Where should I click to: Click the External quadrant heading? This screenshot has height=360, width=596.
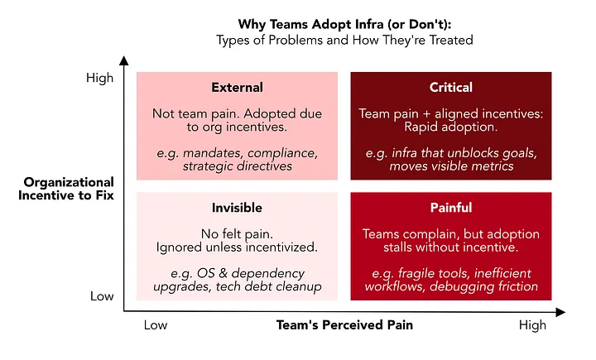(238, 88)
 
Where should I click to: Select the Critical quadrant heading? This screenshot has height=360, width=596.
(451, 88)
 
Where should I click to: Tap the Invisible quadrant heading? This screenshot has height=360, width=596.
(237, 208)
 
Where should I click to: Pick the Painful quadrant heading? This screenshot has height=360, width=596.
(451, 208)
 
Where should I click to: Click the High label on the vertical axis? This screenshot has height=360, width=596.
(99, 78)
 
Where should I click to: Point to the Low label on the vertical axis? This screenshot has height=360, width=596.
(102, 296)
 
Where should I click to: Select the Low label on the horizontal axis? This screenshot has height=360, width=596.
(156, 325)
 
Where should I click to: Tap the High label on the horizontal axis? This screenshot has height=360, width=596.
(532, 325)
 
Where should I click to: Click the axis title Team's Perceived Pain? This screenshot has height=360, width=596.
(344, 325)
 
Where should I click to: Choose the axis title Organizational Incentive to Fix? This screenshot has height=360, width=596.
(66, 189)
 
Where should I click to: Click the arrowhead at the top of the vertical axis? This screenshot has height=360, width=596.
(124, 60)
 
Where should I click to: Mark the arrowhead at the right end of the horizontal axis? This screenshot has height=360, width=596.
(560, 313)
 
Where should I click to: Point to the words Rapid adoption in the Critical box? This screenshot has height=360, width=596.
(451, 127)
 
